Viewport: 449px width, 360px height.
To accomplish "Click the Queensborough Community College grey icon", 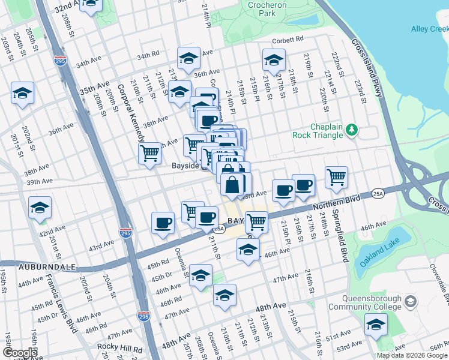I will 411,301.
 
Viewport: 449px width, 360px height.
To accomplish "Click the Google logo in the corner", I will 19,353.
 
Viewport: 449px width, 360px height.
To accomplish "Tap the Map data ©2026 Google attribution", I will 411,355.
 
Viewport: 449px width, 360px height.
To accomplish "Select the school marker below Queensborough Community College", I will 376,324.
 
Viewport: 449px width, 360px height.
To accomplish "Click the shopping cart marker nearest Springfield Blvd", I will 336,176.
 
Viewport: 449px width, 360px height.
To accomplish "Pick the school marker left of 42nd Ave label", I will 40,206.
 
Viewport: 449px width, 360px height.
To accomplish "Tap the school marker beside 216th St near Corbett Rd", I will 273,59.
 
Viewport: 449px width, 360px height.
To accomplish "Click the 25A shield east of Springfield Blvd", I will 377,193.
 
